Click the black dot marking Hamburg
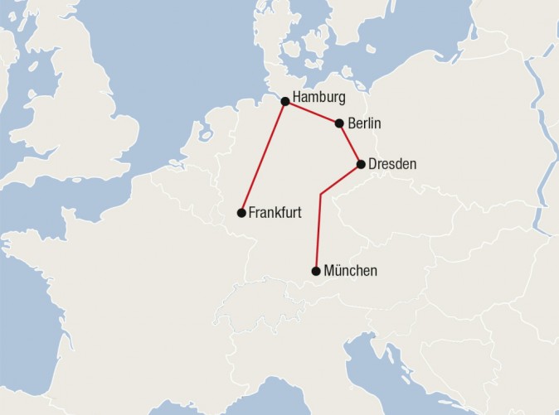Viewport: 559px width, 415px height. [x=285, y=101]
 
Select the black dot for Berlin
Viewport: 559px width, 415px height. [x=339, y=123]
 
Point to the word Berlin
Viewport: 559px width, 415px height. [x=365, y=123]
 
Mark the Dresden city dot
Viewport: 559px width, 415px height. [x=361, y=164]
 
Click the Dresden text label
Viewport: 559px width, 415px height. [x=392, y=164]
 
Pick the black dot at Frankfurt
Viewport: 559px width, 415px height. [x=241, y=213]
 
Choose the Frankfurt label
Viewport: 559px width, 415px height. [x=275, y=213]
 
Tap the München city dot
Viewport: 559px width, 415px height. [x=316, y=271]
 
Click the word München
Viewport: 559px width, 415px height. [x=351, y=271]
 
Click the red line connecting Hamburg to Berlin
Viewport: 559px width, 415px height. [x=312, y=112]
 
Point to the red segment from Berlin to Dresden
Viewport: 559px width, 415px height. [x=350, y=144]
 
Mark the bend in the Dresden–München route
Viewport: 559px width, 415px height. [x=320, y=195]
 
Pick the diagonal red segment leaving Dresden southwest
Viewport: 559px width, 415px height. [x=340, y=180]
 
